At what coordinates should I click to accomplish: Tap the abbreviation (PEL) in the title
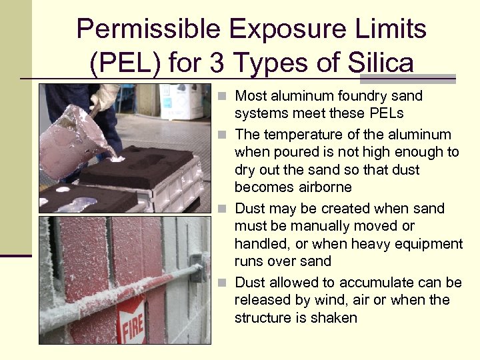pyautogui.click(x=125, y=63)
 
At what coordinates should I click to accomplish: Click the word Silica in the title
pyautogui.click(x=380, y=63)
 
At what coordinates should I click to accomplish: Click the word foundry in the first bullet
pyautogui.click(x=351, y=96)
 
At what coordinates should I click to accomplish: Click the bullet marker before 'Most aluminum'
pyautogui.click(x=227, y=97)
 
